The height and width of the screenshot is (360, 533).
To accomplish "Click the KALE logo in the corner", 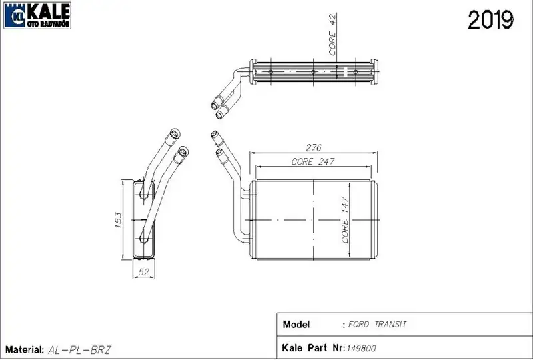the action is click(x=37, y=15).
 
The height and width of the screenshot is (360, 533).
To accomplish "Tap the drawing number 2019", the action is click(x=490, y=20).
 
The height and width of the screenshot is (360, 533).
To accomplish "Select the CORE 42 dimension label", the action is click(x=332, y=34).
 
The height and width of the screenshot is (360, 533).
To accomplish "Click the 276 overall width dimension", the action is click(x=313, y=148).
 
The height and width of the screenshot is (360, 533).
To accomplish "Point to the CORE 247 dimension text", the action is click(x=313, y=161).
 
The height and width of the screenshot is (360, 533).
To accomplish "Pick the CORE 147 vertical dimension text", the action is click(x=345, y=220).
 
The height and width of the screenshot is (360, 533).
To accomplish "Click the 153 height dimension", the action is click(x=118, y=220).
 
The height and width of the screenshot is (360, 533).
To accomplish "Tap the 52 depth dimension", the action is click(x=144, y=272).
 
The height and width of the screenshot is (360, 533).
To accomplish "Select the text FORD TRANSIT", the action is click(x=377, y=324).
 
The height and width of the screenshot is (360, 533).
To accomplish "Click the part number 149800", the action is click(x=361, y=349).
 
